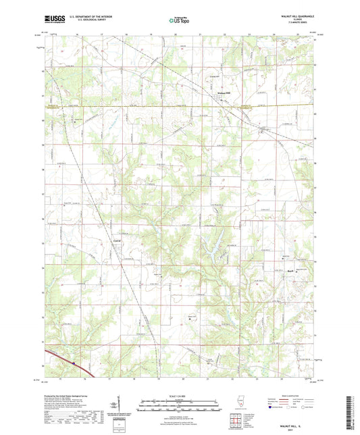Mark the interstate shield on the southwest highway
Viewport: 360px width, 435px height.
coord(74,363)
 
